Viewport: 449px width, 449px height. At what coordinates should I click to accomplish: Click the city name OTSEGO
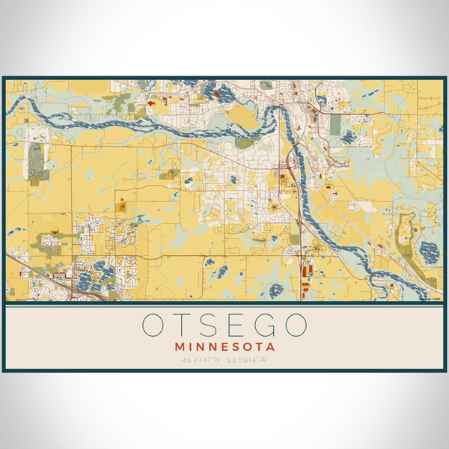(224, 326)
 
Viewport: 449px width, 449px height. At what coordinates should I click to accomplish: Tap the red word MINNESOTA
(224, 347)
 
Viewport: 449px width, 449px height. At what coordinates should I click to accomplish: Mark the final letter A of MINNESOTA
(271, 347)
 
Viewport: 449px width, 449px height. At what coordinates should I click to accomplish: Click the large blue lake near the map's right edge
(430, 252)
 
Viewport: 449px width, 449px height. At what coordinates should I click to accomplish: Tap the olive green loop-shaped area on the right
(408, 239)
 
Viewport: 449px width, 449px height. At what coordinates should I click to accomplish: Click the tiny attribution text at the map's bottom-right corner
(431, 299)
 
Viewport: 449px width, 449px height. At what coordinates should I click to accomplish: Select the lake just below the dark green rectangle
(348, 137)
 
